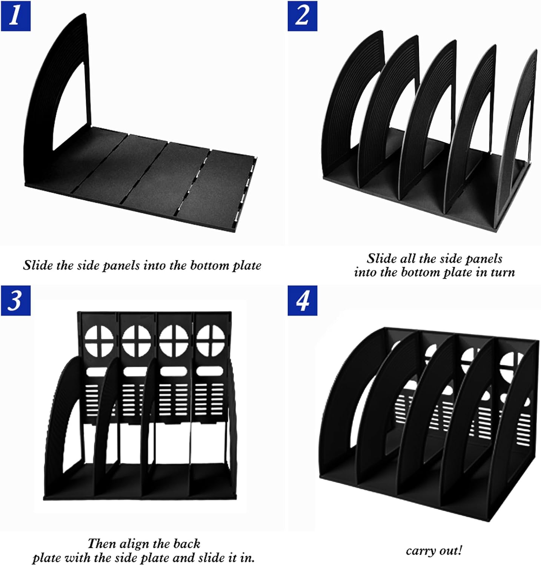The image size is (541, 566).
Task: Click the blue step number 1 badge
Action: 15,16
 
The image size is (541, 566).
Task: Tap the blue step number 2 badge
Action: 302,16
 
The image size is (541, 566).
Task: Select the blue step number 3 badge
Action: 15,300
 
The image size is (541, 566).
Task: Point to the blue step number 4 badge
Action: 302,300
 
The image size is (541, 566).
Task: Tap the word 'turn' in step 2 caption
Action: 503,272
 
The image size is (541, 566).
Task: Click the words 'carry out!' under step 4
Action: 434,551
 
